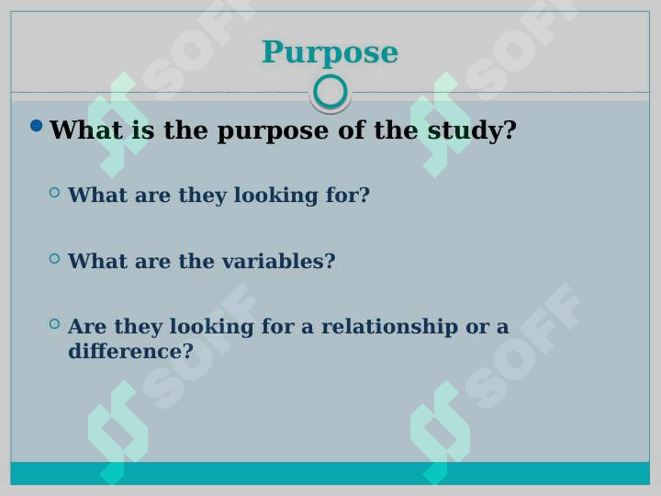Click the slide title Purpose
coord(330,52)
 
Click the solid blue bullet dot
coord(37,125)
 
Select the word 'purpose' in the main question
coord(273,131)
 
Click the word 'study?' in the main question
coord(472,130)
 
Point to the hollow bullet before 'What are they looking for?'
coord(54,192)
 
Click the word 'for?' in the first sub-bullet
coord(348,195)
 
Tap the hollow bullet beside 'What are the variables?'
coord(54,258)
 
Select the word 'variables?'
coord(279,261)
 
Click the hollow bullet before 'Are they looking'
coord(54,323)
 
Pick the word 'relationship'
coord(389,327)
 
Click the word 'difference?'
coord(130,351)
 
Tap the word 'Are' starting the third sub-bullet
coord(87,326)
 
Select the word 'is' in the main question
coord(143,130)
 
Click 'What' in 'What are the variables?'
coord(98,261)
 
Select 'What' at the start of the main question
coord(86,130)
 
